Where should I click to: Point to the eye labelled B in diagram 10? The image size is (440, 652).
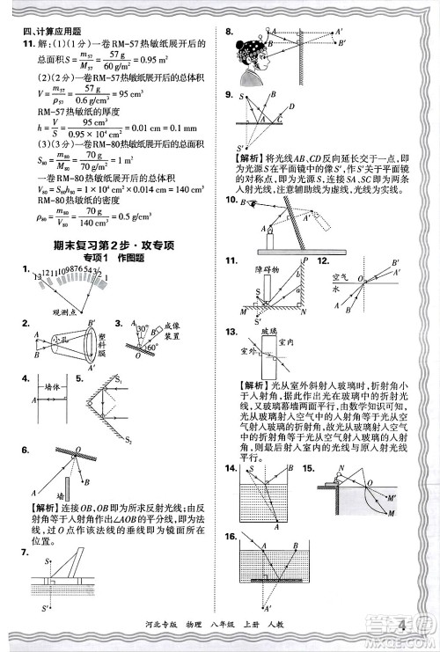click(x=255, y=205)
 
